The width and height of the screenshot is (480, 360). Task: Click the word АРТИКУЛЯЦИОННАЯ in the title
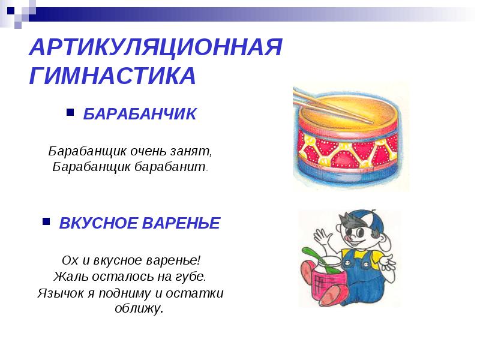point(155,47)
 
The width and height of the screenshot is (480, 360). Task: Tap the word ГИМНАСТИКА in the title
point(112,76)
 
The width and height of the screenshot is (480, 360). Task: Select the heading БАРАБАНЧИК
point(140,114)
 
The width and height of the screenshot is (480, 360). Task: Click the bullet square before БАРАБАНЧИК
point(70,112)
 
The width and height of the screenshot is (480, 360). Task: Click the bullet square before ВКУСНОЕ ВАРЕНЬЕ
point(46,221)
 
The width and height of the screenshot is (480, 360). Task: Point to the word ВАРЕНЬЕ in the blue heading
point(181,223)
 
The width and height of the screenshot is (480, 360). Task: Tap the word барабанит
point(171,167)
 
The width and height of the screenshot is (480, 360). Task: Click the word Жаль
point(71,276)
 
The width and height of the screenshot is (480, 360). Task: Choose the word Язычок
point(61,293)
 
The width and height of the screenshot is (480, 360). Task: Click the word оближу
point(139,308)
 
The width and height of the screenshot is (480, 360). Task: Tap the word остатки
point(194,293)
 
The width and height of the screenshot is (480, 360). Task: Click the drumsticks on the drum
point(333,106)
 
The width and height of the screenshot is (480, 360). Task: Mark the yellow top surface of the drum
point(349,111)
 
